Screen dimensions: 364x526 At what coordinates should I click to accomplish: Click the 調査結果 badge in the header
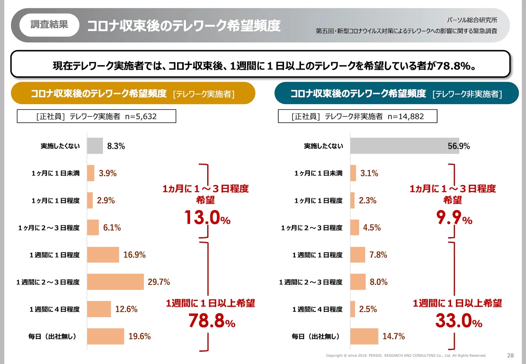(49, 25)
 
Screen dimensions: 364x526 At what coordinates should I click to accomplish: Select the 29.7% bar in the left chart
(115, 282)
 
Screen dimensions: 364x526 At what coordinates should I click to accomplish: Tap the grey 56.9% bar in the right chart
(404, 146)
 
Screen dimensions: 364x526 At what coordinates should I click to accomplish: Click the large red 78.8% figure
(212, 321)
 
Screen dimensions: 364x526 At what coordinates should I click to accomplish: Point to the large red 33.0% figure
(459, 321)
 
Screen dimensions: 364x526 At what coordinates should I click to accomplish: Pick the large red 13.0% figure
(207, 218)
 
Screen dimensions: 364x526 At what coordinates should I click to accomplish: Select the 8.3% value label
(116, 146)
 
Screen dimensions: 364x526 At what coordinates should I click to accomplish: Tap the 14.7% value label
(393, 336)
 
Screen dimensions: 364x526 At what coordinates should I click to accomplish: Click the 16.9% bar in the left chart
(103, 255)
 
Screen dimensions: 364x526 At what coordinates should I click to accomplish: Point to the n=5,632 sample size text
(141, 116)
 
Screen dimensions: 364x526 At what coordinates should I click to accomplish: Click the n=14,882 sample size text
(406, 116)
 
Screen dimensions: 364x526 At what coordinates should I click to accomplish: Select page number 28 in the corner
(510, 355)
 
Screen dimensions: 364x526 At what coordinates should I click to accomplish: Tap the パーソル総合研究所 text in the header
(472, 20)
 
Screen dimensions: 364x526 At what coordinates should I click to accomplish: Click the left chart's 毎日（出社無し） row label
(52, 336)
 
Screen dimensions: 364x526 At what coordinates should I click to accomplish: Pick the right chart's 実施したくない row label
(323, 146)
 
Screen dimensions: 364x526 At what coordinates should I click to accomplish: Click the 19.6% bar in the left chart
(106, 336)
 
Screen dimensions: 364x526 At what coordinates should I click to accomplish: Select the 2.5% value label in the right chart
(368, 309)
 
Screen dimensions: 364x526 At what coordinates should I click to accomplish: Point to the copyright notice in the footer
(406, 355)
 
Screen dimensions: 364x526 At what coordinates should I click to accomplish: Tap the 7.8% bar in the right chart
(358, 255)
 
